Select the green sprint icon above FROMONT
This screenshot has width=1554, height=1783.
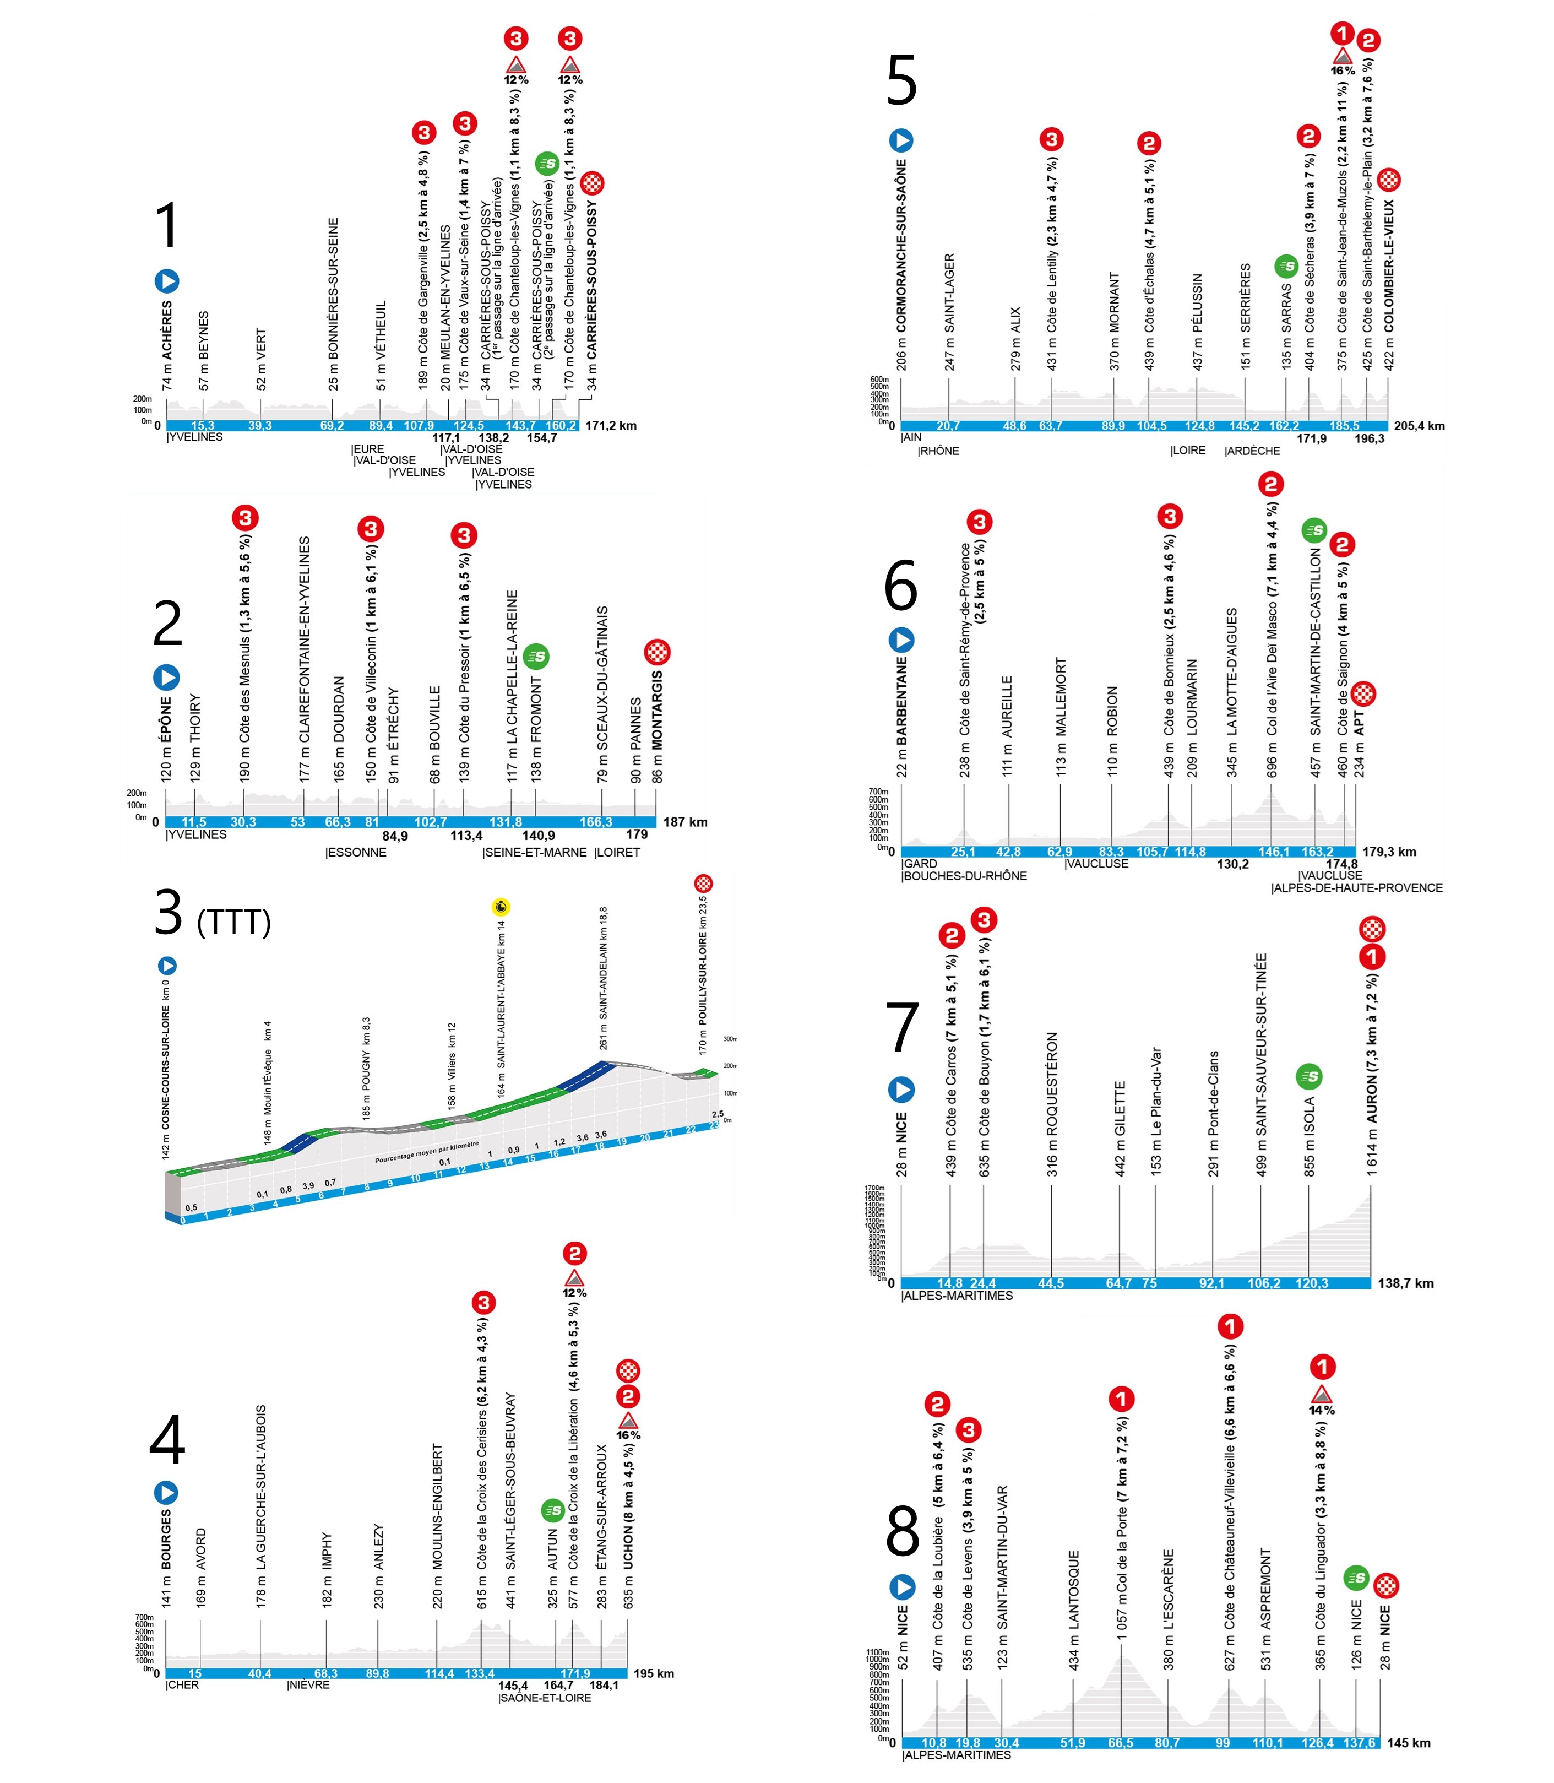pos(536,657)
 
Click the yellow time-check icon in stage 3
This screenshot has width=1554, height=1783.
pos(501,907)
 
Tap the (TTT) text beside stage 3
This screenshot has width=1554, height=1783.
pos(233,922)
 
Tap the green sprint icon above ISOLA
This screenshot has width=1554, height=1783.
pos(1308,1077)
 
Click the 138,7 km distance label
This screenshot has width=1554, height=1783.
pos(1406,1283)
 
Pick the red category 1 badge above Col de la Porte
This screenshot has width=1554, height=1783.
pos(1121,1399)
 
